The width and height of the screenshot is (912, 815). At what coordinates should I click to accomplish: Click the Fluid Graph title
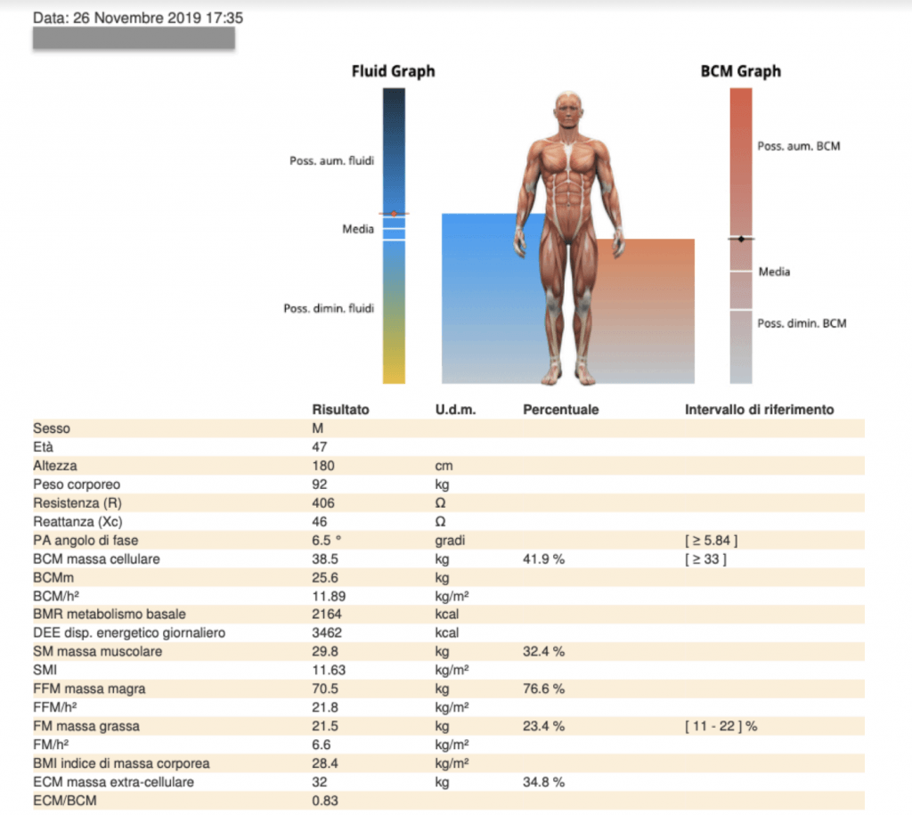coord(393,71)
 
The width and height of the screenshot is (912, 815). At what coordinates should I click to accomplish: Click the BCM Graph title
coord(740,71)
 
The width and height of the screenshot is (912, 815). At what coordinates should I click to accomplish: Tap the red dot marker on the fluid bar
coord(394,214)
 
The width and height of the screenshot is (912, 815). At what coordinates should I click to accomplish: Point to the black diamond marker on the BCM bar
coord(740,239)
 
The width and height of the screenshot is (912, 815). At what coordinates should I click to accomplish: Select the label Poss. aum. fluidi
coord(331,161)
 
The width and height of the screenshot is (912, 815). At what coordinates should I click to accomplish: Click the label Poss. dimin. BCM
coord(802,323)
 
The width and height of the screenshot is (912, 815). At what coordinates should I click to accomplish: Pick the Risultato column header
coord(340,410)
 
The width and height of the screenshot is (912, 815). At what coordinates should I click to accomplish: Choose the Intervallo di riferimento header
coord(759,410)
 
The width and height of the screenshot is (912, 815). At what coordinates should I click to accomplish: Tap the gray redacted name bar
coord(134,38)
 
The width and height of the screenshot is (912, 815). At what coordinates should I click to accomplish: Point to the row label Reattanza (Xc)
coord(77,522)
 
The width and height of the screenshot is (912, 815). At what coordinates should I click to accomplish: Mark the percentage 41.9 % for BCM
coord(543,559)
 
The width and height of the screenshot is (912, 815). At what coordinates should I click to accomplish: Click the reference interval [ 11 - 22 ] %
coord(721,726)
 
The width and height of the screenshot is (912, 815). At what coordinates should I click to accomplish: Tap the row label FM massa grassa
coord(81,726)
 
